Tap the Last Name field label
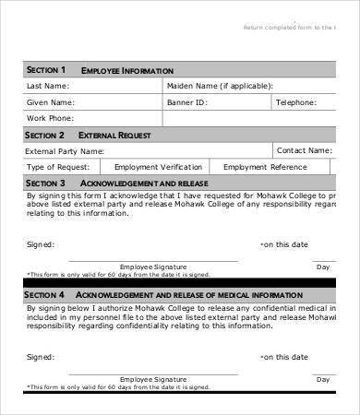click(x=48, y=86)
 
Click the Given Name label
click(x=50, y=102)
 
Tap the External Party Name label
click(x=65, y=150)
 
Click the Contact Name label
click(x=304, y=150)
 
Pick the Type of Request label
click(x=57, y=167)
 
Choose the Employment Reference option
click(x=264, y=167)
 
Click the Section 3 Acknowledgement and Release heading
click(x=121, y=183)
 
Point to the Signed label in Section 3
click(x=41, y=244)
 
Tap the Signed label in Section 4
click(x=41, y=355)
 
